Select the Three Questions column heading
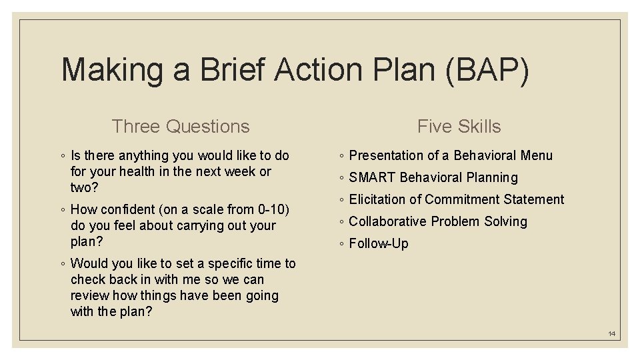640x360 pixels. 181,126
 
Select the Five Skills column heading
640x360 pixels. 459,126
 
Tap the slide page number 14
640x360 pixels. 611,333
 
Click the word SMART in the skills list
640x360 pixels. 372,177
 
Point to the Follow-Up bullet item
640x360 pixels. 378,243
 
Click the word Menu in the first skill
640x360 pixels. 537,155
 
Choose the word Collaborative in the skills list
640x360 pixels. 387,221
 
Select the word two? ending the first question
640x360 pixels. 84,187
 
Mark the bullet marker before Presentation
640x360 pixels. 341,156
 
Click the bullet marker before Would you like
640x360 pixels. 62,264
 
